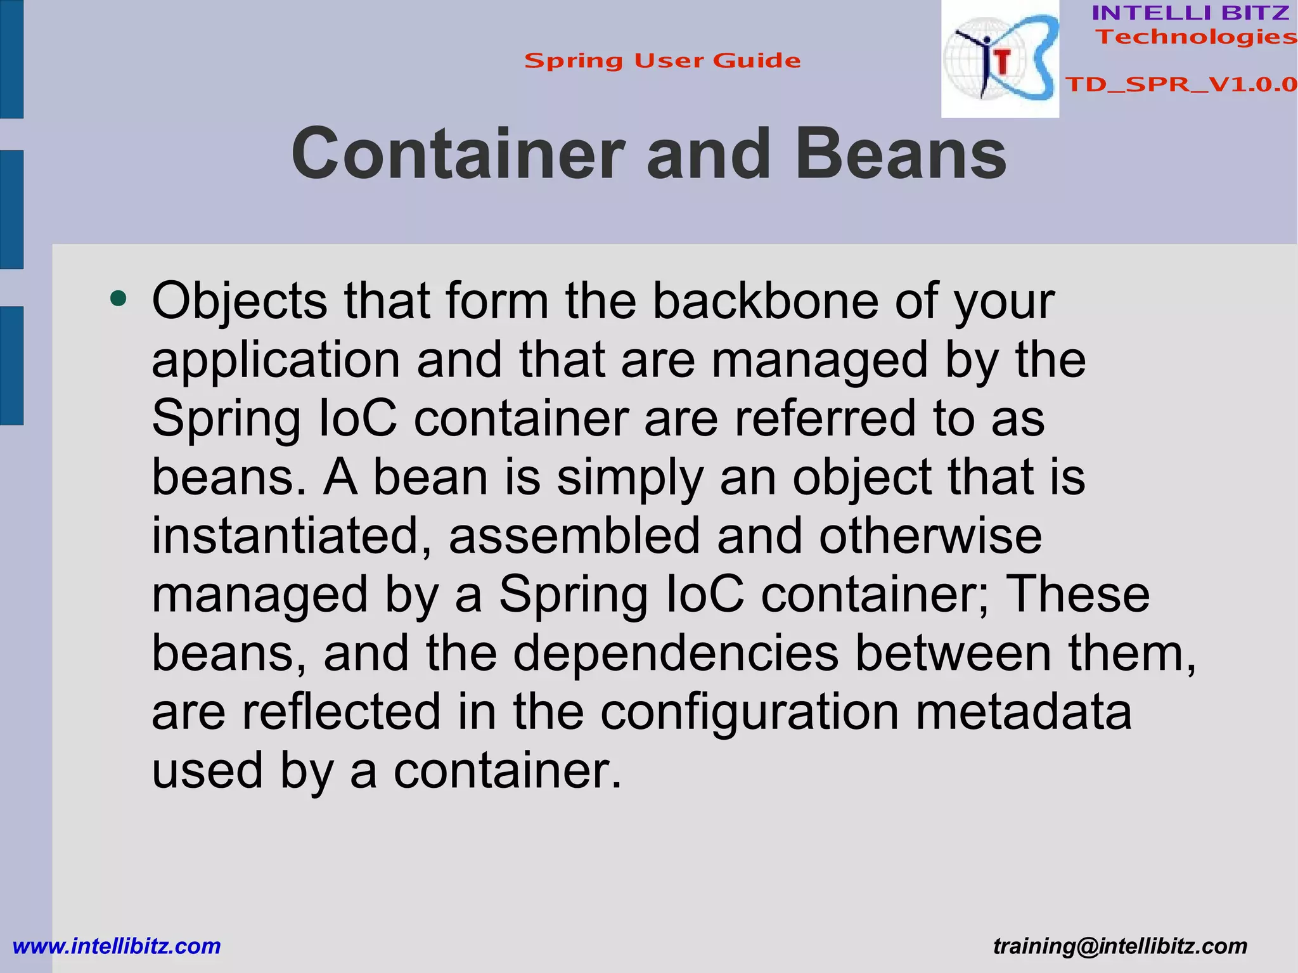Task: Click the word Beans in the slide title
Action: [900, 155]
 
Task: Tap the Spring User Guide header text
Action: [662, 61]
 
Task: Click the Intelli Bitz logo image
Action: [999, 59]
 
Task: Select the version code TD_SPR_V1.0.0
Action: [1181, 84]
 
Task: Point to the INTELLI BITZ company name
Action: [1190, 13]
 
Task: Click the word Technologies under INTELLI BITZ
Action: [1196, 37]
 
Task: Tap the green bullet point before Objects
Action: [118, 297]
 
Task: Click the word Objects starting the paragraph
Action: [240, 302]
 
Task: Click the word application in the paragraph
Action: [276, 360]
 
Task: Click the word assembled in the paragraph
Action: [575, 536]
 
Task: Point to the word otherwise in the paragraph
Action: [930, 536]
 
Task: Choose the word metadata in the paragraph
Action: [1024, 711]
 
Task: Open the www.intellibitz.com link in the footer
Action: [117, 946]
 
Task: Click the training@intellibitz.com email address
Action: [1120, 946]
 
